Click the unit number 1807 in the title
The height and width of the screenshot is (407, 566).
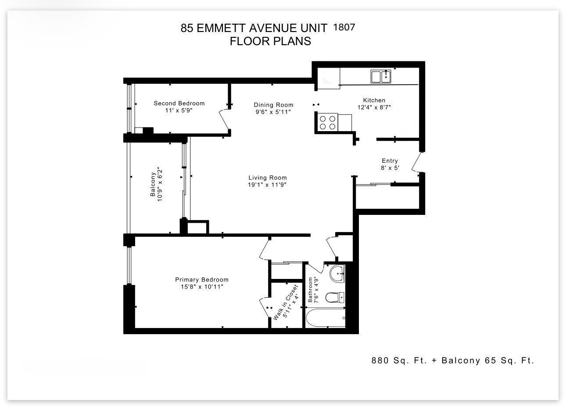point(344,27)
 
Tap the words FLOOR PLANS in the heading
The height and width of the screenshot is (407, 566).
point(270,41)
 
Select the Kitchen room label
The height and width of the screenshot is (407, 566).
point(374,100)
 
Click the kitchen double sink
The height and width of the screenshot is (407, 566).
point(381,76)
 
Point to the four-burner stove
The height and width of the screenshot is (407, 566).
point(327,122)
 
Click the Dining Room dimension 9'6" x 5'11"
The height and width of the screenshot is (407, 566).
point(273,112)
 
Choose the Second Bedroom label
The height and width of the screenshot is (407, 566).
point(179,103)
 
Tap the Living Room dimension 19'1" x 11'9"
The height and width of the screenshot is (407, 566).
point(267,185)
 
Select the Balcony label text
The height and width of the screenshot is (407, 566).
point(153,184)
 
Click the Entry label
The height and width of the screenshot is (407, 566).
point(390,161)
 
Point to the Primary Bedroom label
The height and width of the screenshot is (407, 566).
point(202,279)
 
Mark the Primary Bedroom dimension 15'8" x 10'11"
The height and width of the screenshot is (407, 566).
point(202,287)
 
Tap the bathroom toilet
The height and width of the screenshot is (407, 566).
point(335,297)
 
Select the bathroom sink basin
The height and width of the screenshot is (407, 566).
point(337,274)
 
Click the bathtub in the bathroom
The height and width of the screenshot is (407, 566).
point(326,318)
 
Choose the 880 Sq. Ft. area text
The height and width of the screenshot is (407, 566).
point(399,361)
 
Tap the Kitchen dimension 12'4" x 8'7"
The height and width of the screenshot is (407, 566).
point(374,107)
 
